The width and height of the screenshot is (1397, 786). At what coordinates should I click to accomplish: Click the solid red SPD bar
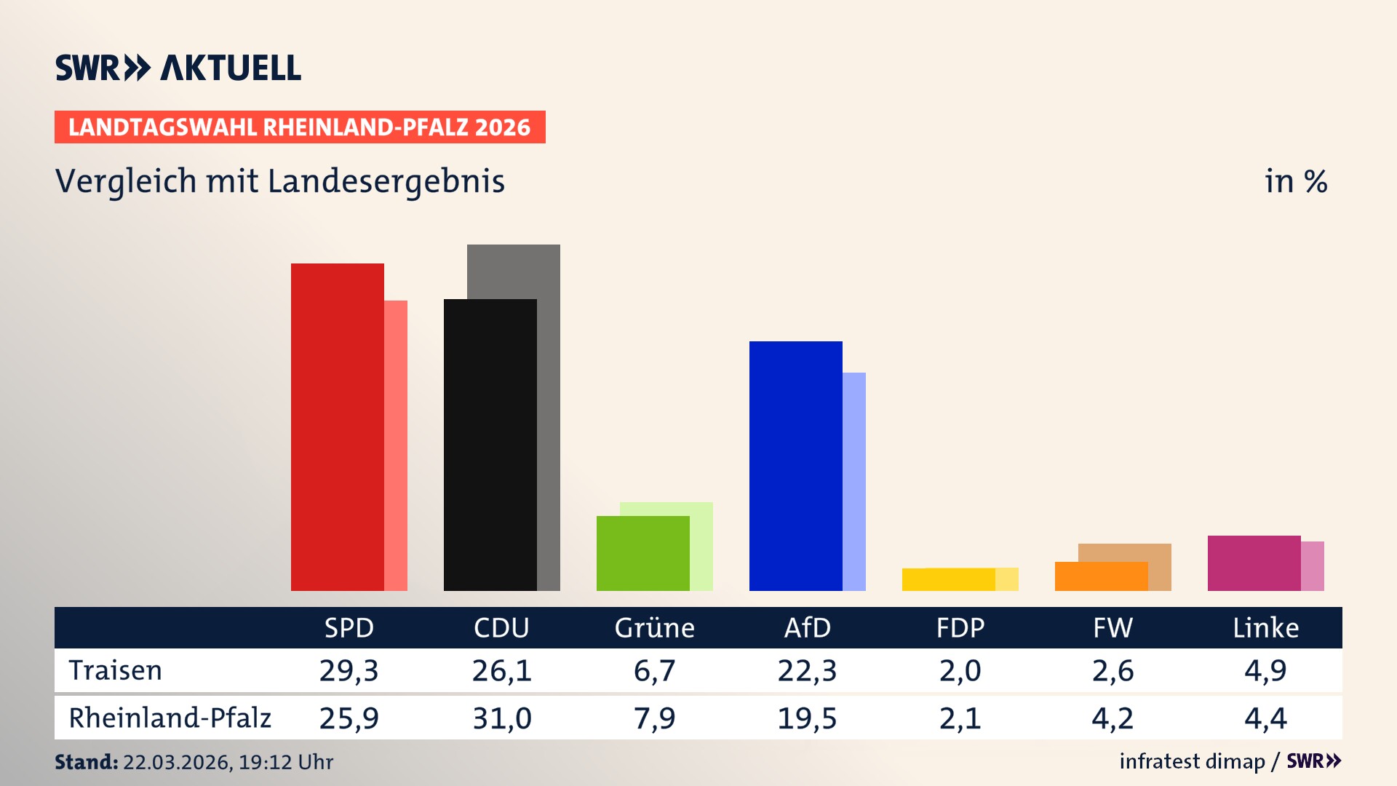[x=337, y=427]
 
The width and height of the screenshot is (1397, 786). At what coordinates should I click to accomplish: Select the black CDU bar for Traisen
[x=490, y=445]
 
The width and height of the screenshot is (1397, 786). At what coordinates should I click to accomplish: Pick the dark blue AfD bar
[x=795, y=466]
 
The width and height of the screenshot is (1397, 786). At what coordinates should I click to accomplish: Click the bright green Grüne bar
[x=642, y=553]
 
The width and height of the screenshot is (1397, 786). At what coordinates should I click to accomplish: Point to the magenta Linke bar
[x=1254, y=563]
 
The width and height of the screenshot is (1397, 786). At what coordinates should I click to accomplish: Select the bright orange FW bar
[x=1101, y=576]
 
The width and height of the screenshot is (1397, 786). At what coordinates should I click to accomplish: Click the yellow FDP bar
[x=948, y=579]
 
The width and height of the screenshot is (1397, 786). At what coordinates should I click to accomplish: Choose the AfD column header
[x=807, y=627]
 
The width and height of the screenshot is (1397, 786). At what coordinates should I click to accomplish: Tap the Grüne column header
[x=654, y=627]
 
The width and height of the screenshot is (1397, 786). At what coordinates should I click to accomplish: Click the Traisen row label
[x=115, y=670]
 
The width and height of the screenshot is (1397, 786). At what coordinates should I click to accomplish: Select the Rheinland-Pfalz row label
[x=170, y=718]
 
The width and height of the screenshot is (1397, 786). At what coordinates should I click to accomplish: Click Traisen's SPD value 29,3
[x=349, y=670]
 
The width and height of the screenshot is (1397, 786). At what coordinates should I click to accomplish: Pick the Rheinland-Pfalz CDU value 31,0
[x=501, y=718]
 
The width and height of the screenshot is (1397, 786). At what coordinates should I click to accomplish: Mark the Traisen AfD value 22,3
[x=807, y=670]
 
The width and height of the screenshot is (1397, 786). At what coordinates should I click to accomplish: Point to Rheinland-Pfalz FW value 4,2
[x=1113, y=718]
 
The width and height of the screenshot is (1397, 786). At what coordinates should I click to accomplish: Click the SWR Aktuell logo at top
[x=178, y=68]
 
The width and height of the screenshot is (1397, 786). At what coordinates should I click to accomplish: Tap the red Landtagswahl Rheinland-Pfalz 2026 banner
[x=300, y=127]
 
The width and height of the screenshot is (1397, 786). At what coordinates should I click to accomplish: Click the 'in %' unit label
[x=1295, y=181]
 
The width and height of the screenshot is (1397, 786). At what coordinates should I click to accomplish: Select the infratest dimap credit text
[x=1192, y=761]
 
